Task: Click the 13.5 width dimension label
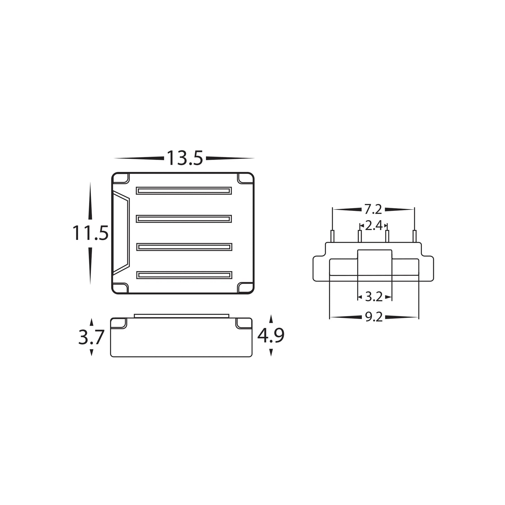185,158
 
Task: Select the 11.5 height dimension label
90,233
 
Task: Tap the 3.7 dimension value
91,337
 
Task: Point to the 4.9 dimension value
271,336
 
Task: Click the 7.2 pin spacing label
373,209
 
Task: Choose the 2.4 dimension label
373,226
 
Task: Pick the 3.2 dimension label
374,297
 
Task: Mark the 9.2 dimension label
374,317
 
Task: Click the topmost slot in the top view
184,191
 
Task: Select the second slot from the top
184,219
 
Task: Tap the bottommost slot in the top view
184,275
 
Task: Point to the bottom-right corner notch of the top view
245,288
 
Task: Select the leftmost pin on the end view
332,236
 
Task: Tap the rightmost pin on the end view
414,236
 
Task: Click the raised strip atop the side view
182,316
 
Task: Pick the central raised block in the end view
375,262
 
